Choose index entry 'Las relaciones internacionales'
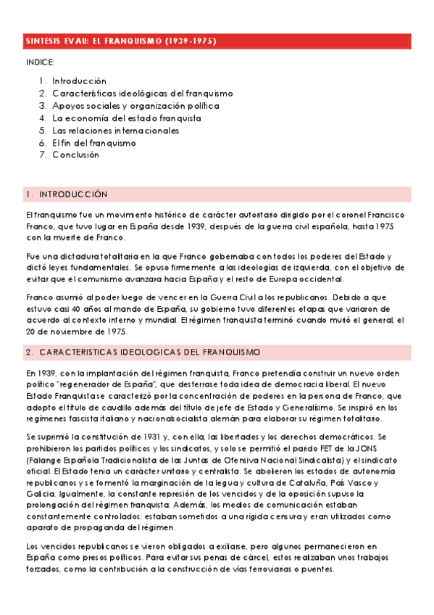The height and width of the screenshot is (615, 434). pyautogui.click(x=115, y=131)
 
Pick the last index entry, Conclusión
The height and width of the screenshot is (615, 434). pyautogui.click(x=75, y=155)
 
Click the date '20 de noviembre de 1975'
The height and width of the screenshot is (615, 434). pyautogui.click(x=75, y=331)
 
